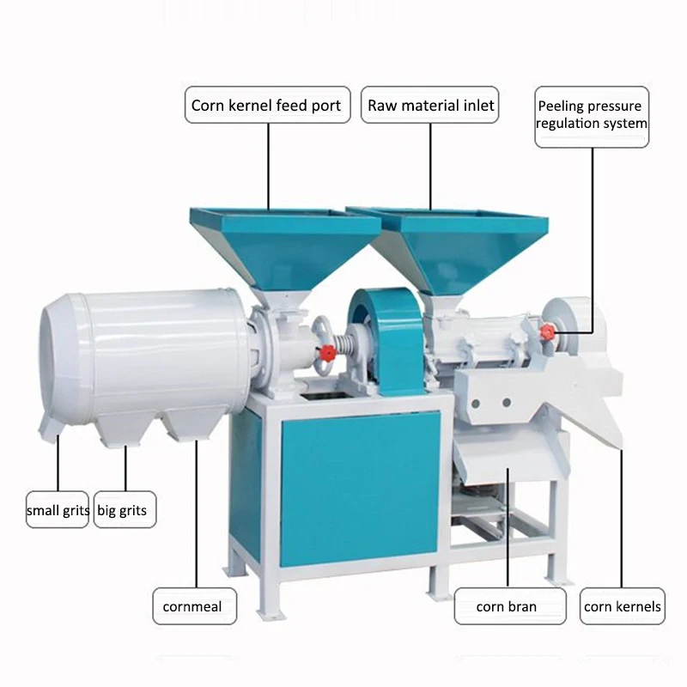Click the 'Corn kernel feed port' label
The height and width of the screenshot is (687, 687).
click(266, 106)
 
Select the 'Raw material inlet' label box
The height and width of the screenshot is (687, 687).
click(431, 106)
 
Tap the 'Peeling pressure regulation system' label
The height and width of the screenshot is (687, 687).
click(592, 115)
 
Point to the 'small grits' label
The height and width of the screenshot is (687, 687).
click(58, 510)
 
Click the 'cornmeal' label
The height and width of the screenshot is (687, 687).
click(192, 606)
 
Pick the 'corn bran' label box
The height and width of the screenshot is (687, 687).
click(507, 606)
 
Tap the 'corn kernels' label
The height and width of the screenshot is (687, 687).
click(623, 606)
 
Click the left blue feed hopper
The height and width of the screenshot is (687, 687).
click(284, 246)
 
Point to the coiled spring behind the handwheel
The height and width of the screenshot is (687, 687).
click(348, 348)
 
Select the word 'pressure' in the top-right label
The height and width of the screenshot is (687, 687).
click(615, 106)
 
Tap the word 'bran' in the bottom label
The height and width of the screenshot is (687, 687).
click(521, 606)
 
